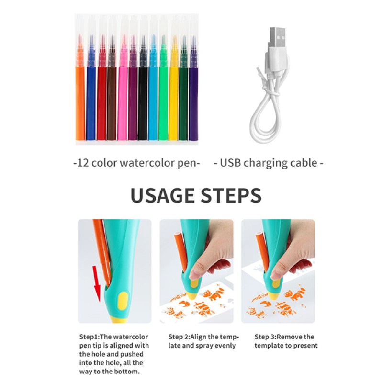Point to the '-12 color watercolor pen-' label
point(136,163)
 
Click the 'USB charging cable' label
point(269,163)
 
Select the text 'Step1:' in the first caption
point(90,337)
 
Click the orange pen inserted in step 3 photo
point(262,249)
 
